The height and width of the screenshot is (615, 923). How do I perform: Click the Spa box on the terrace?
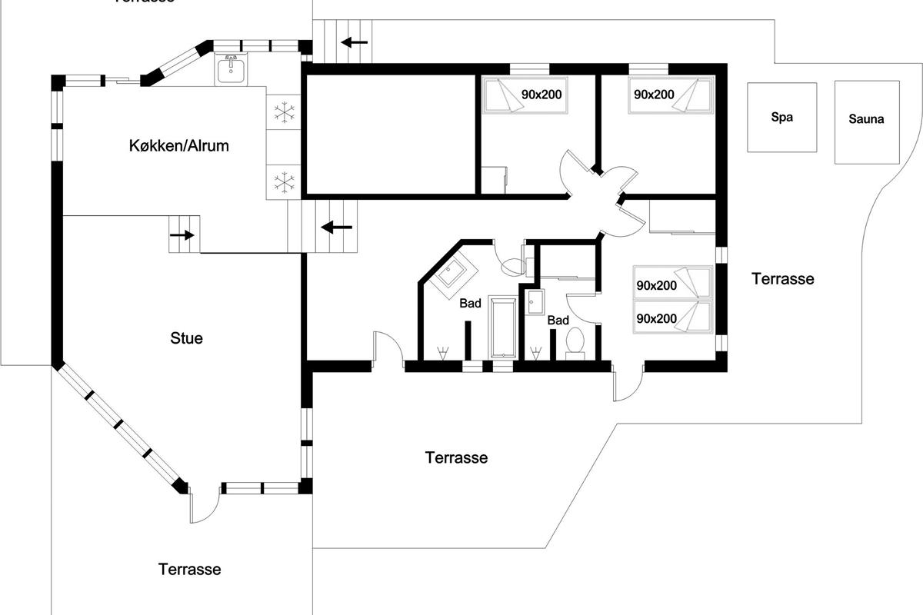click(781, 118)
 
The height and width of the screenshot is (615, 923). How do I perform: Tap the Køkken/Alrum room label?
click(178, 145)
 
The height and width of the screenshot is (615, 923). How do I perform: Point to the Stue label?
click(187, 337)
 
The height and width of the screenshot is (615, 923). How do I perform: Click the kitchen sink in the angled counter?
click(230, 71)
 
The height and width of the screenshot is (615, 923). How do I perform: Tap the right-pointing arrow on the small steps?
click(183, 235)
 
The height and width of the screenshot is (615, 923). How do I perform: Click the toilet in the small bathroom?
click(574, 342)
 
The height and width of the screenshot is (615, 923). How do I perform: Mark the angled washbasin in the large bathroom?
click(453, 275)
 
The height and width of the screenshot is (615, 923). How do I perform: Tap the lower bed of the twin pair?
click(671, 317)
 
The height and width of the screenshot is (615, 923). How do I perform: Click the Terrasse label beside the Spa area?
click(782, 279)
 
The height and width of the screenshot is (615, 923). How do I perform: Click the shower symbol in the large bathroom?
click(442, 353)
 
